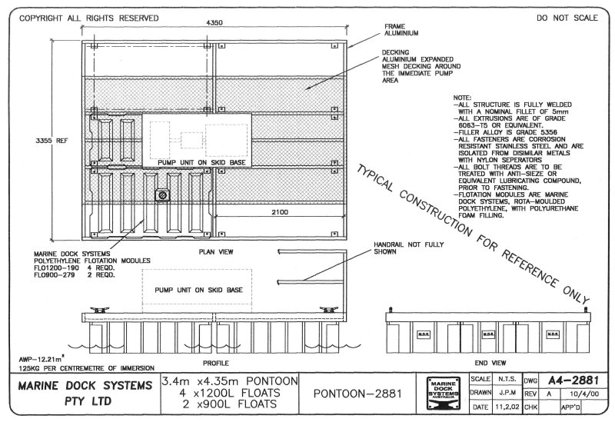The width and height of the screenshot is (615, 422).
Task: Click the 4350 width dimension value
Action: point(215,23)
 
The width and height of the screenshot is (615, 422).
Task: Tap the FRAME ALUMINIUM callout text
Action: point(401,29)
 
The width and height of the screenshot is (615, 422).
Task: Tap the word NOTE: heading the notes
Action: point(462,98)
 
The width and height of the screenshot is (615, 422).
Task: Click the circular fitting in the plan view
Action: point(163,196)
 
